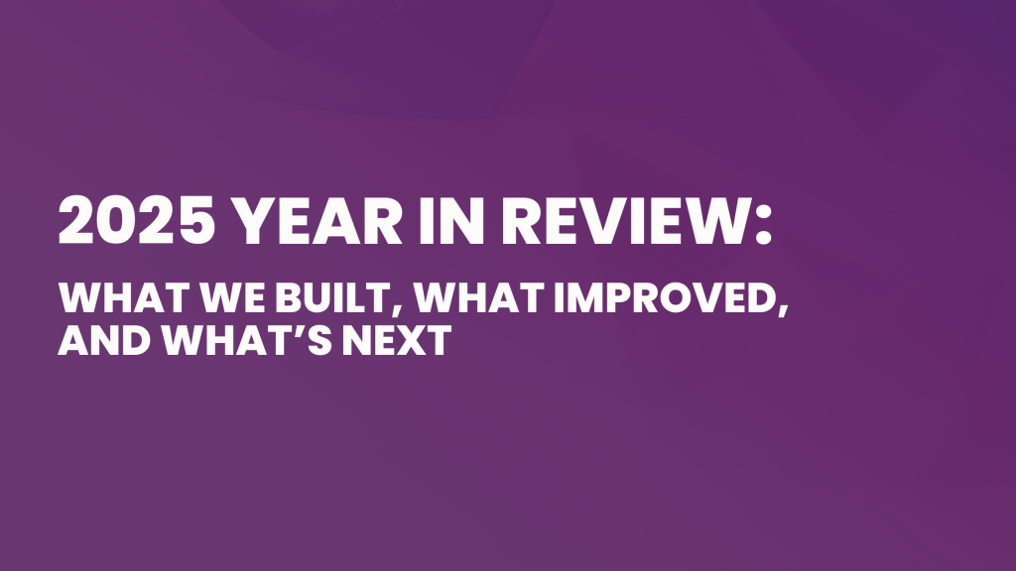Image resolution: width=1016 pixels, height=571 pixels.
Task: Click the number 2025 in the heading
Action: tap(137, 221)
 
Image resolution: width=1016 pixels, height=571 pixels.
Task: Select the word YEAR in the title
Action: tap(317, 221)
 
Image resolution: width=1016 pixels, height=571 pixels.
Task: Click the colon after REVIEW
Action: tap(763, 224)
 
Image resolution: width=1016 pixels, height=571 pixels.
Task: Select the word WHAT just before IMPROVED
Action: tap(478, 297)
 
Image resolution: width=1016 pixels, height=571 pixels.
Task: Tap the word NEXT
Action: tap(397, 340)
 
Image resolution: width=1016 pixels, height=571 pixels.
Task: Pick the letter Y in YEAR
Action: tap(252, 221)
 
